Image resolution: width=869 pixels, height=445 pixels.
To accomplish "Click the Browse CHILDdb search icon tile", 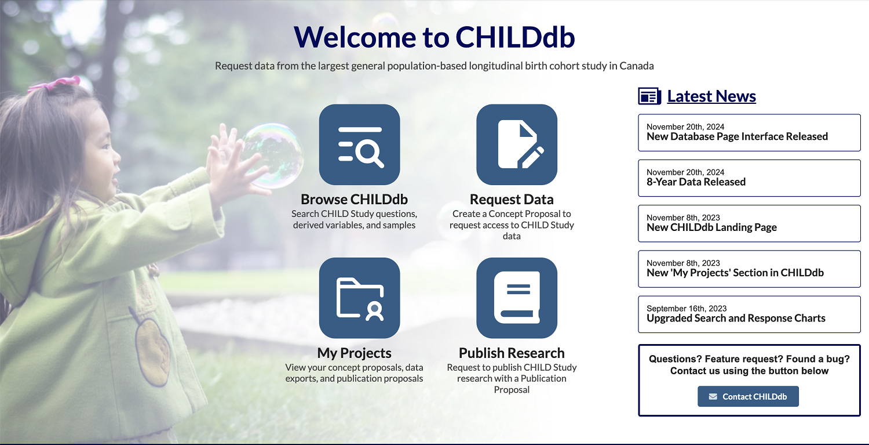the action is pyautogui.click(x=359, y=144).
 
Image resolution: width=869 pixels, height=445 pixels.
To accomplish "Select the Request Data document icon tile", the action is pyautogui.click(x=517, y=144).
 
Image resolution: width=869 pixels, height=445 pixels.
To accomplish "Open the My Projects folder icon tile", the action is pyautogui.click(x=359, y=298).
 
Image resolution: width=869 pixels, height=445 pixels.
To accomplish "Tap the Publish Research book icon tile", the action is pyautogui.click(x=517, y=298).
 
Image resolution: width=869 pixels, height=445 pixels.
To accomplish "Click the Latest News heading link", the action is pyautogui.click(x=711, y=96).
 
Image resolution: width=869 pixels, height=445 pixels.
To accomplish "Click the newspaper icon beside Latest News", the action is pyautogui.click(x=649, y=96).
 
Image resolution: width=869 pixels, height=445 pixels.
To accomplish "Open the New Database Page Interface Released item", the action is pyautogui.click(x=749, y=132).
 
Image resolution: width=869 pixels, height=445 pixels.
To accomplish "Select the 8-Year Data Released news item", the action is pyautogui.click(x=749, y=178).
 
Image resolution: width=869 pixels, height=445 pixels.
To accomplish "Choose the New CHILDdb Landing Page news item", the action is pyautogui.click(x=749, y=223).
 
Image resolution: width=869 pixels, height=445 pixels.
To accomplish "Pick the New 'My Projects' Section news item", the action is pyautogui.click(x=749, y=269).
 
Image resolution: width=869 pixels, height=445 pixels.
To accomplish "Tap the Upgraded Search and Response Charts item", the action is pyautogui.click(x=749, y=314).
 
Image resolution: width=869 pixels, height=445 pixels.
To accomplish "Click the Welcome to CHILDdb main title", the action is pyautogui.click(x=434, y=37).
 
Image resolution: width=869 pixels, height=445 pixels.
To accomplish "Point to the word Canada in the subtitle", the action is pyautogui.click(x=637, y=66).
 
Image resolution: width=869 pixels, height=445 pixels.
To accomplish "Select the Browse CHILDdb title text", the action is pyautogui.click(x=354, y=200).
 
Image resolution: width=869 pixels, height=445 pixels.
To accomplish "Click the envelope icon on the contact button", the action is pyautogui.click(x=713, y=396).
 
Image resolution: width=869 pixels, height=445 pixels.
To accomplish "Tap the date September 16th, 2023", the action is pyautogui.click(x=687, y=309).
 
